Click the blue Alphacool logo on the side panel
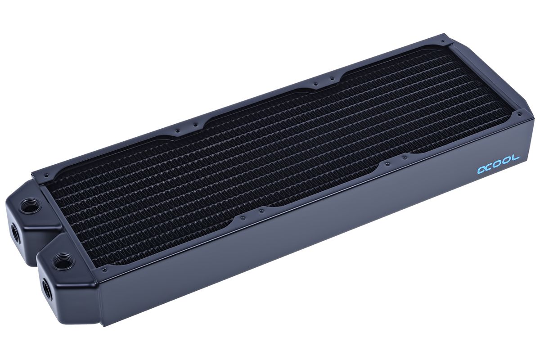click(499, 164)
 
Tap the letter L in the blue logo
click(515, 158)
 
